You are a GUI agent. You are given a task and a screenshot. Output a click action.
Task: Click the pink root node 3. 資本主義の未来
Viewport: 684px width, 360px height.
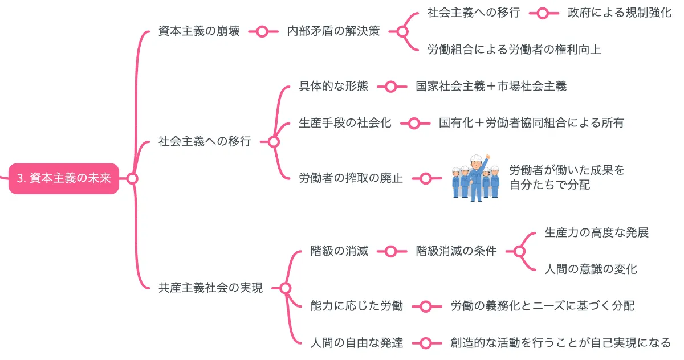point(63,179)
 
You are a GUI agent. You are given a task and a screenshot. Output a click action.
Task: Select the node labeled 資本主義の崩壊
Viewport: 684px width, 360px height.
point(198,31)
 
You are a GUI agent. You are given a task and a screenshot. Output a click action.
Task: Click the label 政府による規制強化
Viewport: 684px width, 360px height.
point(620,13)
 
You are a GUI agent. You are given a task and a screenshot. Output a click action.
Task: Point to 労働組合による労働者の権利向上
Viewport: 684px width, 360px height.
point(514,50)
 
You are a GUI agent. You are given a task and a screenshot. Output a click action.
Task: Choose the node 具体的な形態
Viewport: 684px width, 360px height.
point(333,87)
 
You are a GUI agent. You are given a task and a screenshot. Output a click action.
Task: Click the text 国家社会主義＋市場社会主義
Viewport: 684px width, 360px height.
point(491,87)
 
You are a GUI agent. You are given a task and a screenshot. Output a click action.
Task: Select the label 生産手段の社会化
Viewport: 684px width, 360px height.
point(345,122)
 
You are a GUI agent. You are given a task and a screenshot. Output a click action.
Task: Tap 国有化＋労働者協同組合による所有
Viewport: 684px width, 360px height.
point(531,122)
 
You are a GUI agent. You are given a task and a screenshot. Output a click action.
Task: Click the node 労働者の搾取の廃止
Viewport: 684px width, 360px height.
point(351,178)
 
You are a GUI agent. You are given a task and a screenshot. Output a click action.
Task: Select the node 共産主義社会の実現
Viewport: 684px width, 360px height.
point(211,288)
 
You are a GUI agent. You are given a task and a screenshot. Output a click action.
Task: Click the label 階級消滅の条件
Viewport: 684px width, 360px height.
point(456,251)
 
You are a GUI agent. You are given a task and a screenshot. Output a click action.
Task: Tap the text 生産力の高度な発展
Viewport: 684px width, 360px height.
point(596,232)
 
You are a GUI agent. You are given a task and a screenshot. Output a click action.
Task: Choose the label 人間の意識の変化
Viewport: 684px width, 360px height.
point(591,269)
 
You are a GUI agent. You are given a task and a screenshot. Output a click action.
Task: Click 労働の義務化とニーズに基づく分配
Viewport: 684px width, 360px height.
point(542,306)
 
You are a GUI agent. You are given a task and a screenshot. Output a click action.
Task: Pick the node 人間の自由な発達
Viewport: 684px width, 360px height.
point(357,343)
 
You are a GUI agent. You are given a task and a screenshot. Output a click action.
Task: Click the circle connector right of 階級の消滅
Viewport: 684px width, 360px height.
point(390,251)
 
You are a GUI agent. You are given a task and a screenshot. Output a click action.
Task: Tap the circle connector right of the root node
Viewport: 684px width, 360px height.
point(132,179)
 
